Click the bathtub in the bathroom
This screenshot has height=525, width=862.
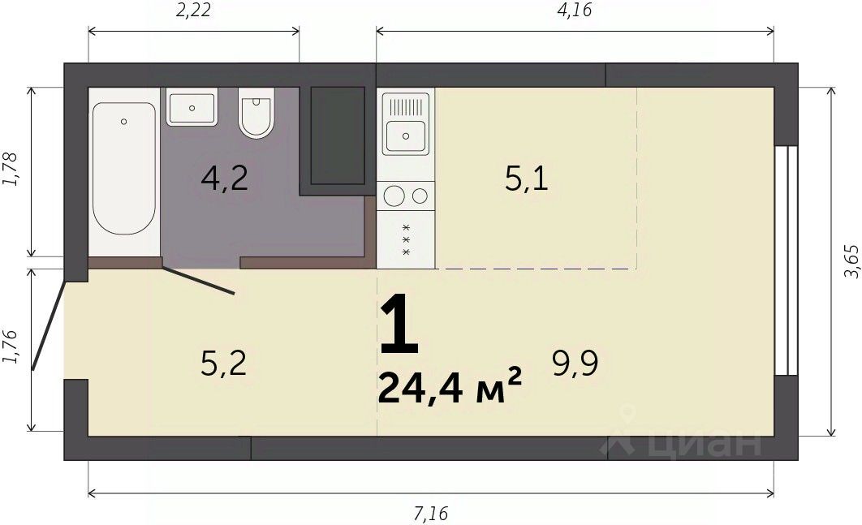pos(124,169)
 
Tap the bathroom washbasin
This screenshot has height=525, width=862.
pos(192,108)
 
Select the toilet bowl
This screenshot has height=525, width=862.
pos(256,114)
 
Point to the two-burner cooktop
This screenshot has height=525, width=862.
pos(406,196)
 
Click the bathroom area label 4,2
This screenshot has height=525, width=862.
pos(224,179)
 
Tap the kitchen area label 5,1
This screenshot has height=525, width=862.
pos(527,179)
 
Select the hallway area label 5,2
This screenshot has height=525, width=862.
pos(223,364)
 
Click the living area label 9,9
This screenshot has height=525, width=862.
pos(575,364)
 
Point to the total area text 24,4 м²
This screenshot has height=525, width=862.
pos(449,386)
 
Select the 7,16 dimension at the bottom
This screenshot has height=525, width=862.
pos(431,514)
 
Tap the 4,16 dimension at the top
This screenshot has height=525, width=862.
pos(575,10)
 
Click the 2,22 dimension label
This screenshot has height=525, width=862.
pos(193,10)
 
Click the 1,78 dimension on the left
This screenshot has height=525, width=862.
pos(11,169)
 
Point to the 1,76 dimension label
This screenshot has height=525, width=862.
pos(11,346)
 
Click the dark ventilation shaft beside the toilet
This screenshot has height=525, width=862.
pos(338,136)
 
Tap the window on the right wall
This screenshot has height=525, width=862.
pos(787,260)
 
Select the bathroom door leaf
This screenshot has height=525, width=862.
pos(199,281)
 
